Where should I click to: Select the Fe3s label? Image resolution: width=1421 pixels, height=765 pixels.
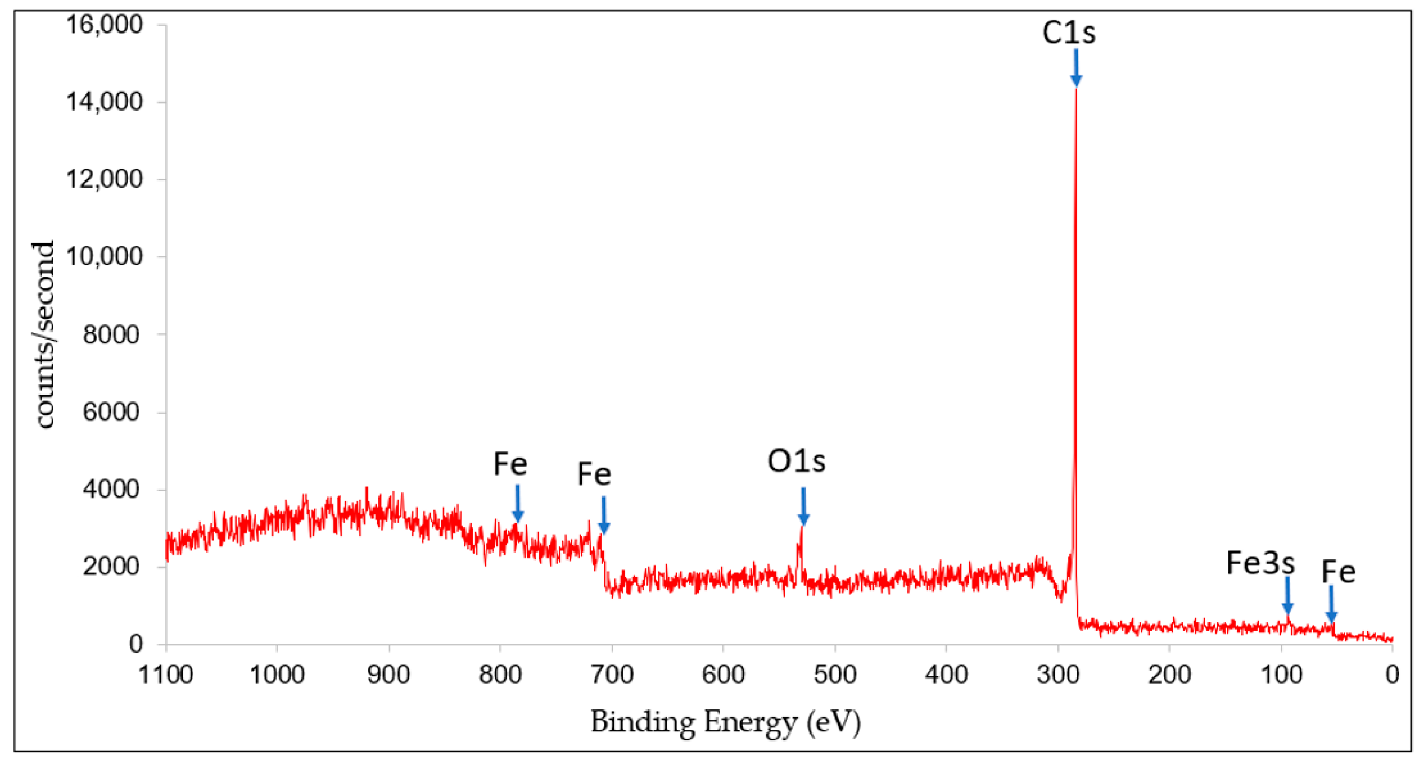(1260, 563)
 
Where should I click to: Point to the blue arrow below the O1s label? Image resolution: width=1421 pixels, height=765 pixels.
(803, 506)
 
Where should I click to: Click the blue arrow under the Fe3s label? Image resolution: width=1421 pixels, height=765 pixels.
(1287, 595)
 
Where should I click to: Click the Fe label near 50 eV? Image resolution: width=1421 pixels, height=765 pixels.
(1338, 571)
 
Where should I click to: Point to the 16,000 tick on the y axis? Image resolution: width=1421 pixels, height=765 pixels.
(104, 24)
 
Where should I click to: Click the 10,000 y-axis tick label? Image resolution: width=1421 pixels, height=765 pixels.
(104, 256)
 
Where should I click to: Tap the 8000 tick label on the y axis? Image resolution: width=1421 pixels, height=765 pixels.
(111, 334)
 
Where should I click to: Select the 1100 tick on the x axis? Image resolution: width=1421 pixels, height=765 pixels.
(165, 675)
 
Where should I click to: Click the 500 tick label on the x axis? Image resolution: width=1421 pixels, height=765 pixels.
(835, 675)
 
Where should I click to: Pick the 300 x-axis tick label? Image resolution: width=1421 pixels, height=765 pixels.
(1057, 675)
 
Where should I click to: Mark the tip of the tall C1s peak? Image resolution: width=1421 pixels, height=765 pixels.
(1076, 88)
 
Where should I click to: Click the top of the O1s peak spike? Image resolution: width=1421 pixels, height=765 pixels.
(802, 527)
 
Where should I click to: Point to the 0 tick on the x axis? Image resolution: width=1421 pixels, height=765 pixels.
(1392, 675)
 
